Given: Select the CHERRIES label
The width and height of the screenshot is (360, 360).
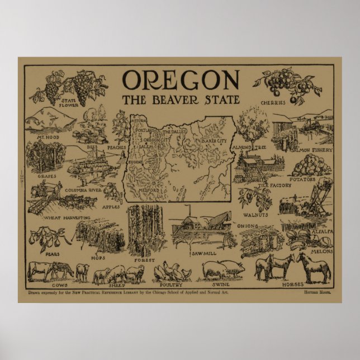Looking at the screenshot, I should (x=273, y=102).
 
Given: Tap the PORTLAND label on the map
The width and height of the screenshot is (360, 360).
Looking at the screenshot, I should (x=145, y=130).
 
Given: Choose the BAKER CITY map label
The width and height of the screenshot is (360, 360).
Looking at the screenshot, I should (x=214, y=140).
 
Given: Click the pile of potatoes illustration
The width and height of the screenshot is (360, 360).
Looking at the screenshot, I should (x=311, y=165).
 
